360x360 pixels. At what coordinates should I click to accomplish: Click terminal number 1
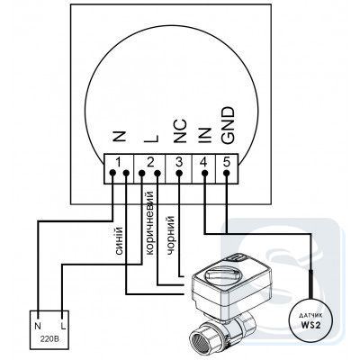(119, 162)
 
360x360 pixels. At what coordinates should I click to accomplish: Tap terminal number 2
(150, 162)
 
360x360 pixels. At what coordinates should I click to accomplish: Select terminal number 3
(179, 162)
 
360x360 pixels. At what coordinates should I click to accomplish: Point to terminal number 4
(203, 162)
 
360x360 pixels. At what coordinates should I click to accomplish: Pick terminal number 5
(227, 162)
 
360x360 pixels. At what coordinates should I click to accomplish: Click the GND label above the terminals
(227, 125)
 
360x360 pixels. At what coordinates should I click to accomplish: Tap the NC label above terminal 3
(180, 130)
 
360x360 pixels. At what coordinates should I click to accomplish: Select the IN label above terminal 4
(204, 135)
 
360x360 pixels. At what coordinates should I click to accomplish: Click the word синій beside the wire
(119, 241)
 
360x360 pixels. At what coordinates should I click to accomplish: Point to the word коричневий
(149, 223)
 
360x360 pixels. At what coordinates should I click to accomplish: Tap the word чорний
(170, 235)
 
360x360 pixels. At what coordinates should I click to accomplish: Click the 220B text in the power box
(49, 340)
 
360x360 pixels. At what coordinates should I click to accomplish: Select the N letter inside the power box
(38, 326)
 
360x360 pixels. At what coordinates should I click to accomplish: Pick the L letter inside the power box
(63, 326)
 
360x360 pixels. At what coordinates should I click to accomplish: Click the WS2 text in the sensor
(310, 325)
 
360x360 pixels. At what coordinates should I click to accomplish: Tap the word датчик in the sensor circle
(310, 316)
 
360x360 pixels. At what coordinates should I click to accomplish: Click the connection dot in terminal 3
(179, 173)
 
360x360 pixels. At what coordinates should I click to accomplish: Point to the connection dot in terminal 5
(227, 173)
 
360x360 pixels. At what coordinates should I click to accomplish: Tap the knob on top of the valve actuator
(223, 273)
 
